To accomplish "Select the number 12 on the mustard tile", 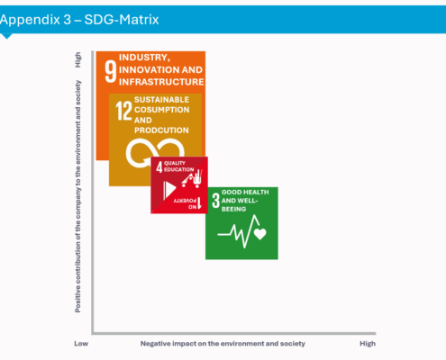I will [x=122, y=110].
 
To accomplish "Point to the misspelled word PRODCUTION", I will [x=162, y=130].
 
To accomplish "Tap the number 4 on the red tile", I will [x=159, y=166].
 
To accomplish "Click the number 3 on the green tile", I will [x=214, y=200].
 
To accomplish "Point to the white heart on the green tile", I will [x=260, y=234].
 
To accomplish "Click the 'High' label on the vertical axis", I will [x=78, y=60].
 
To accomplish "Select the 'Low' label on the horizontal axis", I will [x=80, y=343].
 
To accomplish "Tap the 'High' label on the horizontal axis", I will [x=367, y=343].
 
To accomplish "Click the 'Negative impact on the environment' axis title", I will [x=223, y=343].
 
